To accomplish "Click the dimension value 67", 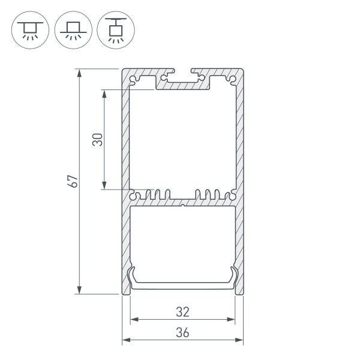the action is point(74,181).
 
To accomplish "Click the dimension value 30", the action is point(98,140).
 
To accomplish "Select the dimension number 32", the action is point(183,312).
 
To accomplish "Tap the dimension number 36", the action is point(183,332).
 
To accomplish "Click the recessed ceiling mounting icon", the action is point(30,30).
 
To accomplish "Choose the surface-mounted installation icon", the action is point(73,30).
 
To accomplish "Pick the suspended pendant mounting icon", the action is point(116,30).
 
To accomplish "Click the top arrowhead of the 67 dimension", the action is point(79,73).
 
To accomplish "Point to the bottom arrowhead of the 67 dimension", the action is point(79,290).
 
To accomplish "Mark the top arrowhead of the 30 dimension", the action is point(104,94).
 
